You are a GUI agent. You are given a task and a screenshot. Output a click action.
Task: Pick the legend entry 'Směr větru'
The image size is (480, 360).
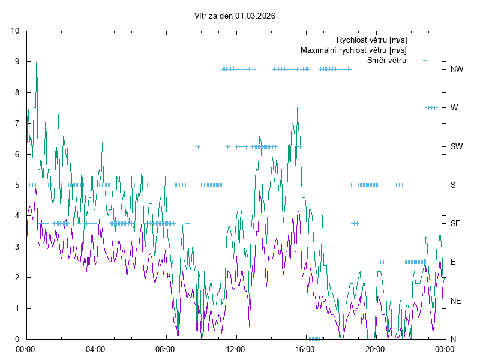(386, 60)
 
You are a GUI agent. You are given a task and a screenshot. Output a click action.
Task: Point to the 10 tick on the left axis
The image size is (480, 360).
(15, 31)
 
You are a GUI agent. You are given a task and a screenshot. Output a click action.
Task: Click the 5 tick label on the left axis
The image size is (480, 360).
(17, 185)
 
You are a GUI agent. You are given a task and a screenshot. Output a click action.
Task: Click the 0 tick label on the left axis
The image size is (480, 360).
(17, 339)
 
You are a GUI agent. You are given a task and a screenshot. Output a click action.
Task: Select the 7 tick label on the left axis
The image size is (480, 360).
(17, 123)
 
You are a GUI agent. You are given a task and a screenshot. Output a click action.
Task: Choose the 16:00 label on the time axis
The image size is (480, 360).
(305, 349)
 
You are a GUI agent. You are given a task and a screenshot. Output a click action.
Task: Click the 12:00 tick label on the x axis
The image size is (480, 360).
(236, 349)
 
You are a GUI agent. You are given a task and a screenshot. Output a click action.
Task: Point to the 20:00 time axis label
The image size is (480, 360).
(376, 349)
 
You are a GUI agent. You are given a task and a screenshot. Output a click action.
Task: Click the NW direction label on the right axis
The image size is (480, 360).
(457, 69)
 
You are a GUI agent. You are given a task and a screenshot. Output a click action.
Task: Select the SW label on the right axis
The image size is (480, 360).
(457, 146)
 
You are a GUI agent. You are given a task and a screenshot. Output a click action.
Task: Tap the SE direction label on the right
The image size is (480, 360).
(456, 223)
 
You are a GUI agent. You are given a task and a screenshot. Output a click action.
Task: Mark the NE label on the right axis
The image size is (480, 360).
(456, 301)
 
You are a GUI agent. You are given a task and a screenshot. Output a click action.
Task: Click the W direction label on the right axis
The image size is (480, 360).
(454, 108)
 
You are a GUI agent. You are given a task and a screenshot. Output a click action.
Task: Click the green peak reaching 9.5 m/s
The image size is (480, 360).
(37, 47)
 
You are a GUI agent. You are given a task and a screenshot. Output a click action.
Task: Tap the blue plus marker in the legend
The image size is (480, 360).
(425, 60)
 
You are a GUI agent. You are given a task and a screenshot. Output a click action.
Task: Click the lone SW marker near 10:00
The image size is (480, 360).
(198, 146)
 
